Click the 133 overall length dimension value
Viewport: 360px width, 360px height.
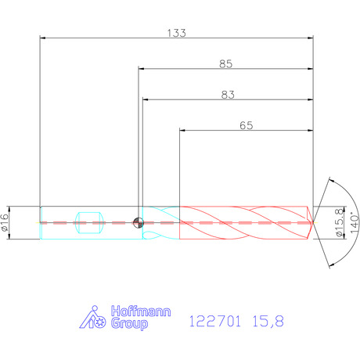point(177,33)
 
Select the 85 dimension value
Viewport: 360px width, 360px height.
point(225,64)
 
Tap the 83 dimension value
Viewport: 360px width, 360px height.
point(228,95)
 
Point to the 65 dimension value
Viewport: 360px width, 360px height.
point(247,125)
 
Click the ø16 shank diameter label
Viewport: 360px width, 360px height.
point(5,222)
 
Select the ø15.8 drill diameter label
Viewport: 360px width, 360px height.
point(339,222)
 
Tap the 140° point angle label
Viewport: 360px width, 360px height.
point(355,223)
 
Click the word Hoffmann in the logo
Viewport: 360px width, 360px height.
point(141,311)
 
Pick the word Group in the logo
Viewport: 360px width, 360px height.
point(129,324)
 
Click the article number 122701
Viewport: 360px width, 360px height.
point(214,321)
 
